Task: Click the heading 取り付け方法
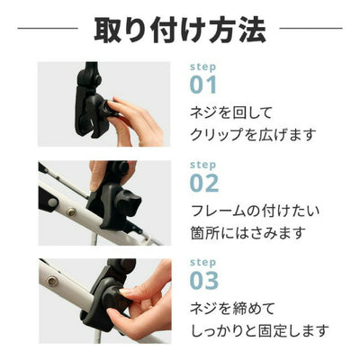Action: point(180,30)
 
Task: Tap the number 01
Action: point(203,85)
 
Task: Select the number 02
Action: point(204,183)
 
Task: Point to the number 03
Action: point(204,281)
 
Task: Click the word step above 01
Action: point(202,67)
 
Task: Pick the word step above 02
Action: point(202,165)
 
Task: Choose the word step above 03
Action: point(202,263)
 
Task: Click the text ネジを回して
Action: point(231,112)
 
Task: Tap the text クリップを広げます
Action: point(253,135)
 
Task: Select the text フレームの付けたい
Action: point(255,211)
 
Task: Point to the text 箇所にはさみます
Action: point(248,233)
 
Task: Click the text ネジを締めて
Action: point(232,309)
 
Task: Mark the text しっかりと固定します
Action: point(260,330)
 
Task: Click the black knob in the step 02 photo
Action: point(129,203)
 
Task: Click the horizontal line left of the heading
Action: point(48,29)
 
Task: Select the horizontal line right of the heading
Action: point(310,29)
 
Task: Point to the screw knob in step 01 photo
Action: point(108,108)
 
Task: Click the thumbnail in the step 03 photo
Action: point(127,291)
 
